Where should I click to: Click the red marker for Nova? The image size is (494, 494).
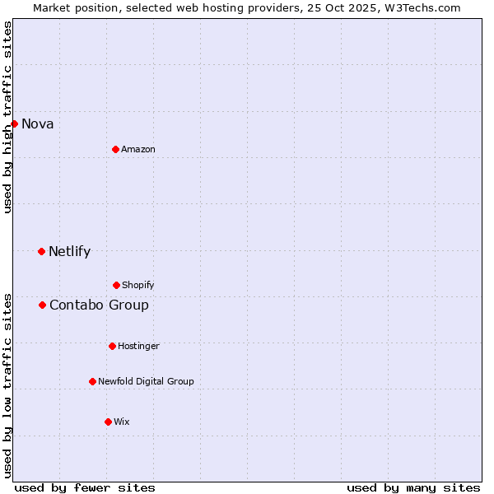click(14, 123)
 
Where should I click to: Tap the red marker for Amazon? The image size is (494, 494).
click(115, 149)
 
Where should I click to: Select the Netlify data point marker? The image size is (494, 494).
click(41, 251)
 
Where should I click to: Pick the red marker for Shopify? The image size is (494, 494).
click(116, 285)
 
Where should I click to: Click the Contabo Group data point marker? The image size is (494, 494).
click(42, 305)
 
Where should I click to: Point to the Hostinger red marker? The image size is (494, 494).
click(112, 346)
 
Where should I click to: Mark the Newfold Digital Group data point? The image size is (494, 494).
click(92, 381)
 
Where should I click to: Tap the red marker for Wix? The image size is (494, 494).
click(108, 422)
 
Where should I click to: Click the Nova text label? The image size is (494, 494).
click(38, 124)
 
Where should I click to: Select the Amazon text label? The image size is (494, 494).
click(138, 149)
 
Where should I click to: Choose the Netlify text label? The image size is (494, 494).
click(69, 252)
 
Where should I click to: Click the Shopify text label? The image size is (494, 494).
click(138, 285)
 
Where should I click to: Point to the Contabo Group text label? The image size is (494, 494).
click(99, 305)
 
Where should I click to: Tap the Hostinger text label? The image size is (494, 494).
click(138, 346)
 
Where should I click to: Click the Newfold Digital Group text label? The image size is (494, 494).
click(146, 381)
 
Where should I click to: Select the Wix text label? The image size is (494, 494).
click(122, 422)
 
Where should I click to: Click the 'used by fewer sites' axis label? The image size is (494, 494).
click(85, 487)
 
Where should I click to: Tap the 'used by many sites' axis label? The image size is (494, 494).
click(413, 487)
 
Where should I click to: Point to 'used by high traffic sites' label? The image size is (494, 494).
click(7, 117)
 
